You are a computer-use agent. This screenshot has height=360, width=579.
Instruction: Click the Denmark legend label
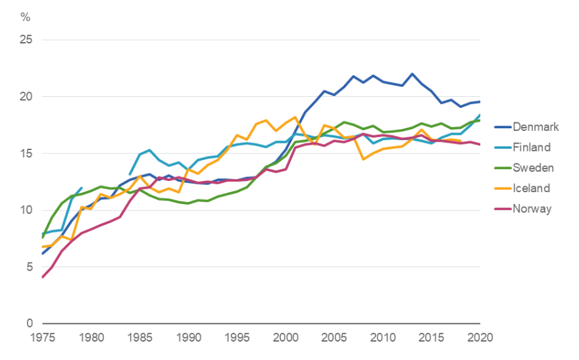pos(536,127)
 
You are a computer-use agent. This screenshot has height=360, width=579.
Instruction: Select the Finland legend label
pos(532,147)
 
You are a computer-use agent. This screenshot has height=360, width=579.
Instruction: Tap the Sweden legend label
pos(534,168)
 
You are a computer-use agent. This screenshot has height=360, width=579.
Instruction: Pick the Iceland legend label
pos(532,188)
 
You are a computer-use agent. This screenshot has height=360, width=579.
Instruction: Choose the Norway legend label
pos(532,209)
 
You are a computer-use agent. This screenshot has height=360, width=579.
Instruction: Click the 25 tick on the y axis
pos(27,40)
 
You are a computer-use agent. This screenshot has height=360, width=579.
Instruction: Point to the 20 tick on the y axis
pos(27,97)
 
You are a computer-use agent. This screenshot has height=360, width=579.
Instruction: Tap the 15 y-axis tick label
pos(27,153)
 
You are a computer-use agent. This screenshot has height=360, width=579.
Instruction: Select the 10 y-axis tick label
pos(27,211)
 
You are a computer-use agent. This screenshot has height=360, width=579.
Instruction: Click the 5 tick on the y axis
pos(30,267)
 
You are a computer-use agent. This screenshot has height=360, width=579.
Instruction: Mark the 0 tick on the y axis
pos(30,324)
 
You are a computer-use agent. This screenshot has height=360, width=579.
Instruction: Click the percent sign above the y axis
pos(26,16)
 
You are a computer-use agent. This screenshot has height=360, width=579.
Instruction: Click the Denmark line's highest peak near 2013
pos(412,74)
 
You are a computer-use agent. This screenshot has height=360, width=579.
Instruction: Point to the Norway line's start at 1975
pos(42,277)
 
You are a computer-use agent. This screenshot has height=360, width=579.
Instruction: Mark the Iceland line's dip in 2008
pos(363,159)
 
